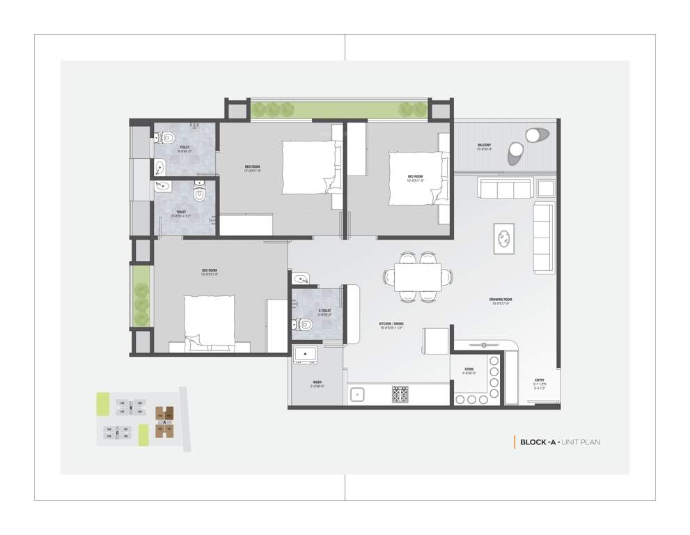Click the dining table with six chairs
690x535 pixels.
(x=418, y=277)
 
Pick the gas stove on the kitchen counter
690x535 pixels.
(x=400, y=395)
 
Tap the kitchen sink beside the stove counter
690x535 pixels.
(x=359, y=395)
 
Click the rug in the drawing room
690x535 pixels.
(x=504, y=238)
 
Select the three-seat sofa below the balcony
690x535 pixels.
(x=505, y=188)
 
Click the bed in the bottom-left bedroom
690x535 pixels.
(x=210, y=319)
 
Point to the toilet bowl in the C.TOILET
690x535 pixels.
(x=299, y=324)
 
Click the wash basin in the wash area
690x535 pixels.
(x=305, y=355)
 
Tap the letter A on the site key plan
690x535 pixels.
(x=166, y=422)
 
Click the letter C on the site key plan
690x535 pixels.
(x=118, y=433)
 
